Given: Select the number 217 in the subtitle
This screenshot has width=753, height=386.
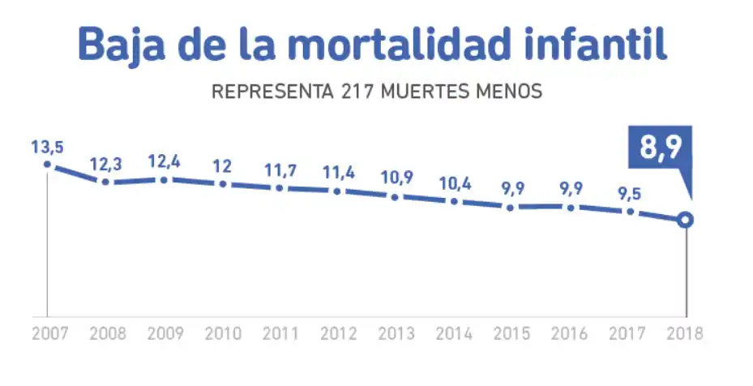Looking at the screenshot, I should coord(351,91).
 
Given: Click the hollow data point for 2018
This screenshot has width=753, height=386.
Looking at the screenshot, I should coord(686,220).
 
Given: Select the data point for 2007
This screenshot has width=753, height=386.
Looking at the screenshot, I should coord(47,165).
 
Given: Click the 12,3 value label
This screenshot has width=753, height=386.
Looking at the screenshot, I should coord(105,165).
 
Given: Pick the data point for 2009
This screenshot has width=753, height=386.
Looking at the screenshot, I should coord(164,179).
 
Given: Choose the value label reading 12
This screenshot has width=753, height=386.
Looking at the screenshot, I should coord(221,166).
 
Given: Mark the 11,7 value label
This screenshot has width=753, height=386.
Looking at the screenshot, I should coord(280,170).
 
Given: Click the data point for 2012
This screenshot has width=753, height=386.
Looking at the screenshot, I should coord(337,191).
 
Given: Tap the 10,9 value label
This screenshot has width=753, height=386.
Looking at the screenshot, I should coord(396,178).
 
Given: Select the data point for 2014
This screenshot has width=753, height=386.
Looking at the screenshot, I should coord(454,201).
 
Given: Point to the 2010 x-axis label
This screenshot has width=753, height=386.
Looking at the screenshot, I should coord(221,333).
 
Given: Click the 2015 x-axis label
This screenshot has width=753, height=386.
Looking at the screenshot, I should coord(511,333).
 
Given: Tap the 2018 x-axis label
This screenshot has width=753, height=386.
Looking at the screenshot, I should coord(686,333).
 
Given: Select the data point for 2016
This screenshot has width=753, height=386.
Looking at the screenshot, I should coord(570,208).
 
